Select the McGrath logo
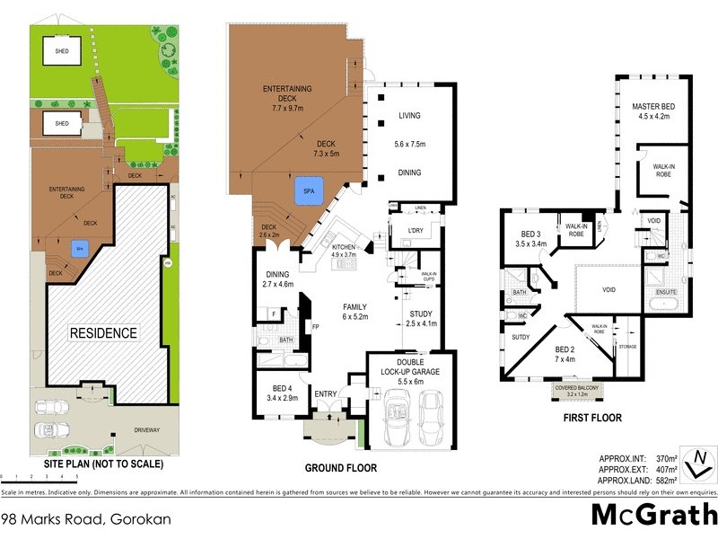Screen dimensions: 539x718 [652, 514]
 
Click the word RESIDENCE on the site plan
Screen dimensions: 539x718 [105, 332]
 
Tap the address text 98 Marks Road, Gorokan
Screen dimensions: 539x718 [86, 518]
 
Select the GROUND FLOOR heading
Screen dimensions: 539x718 [340, 468]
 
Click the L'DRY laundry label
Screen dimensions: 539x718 [415, 231]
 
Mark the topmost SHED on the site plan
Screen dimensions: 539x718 [62, 50]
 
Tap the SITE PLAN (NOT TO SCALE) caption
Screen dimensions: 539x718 [104, 464]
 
